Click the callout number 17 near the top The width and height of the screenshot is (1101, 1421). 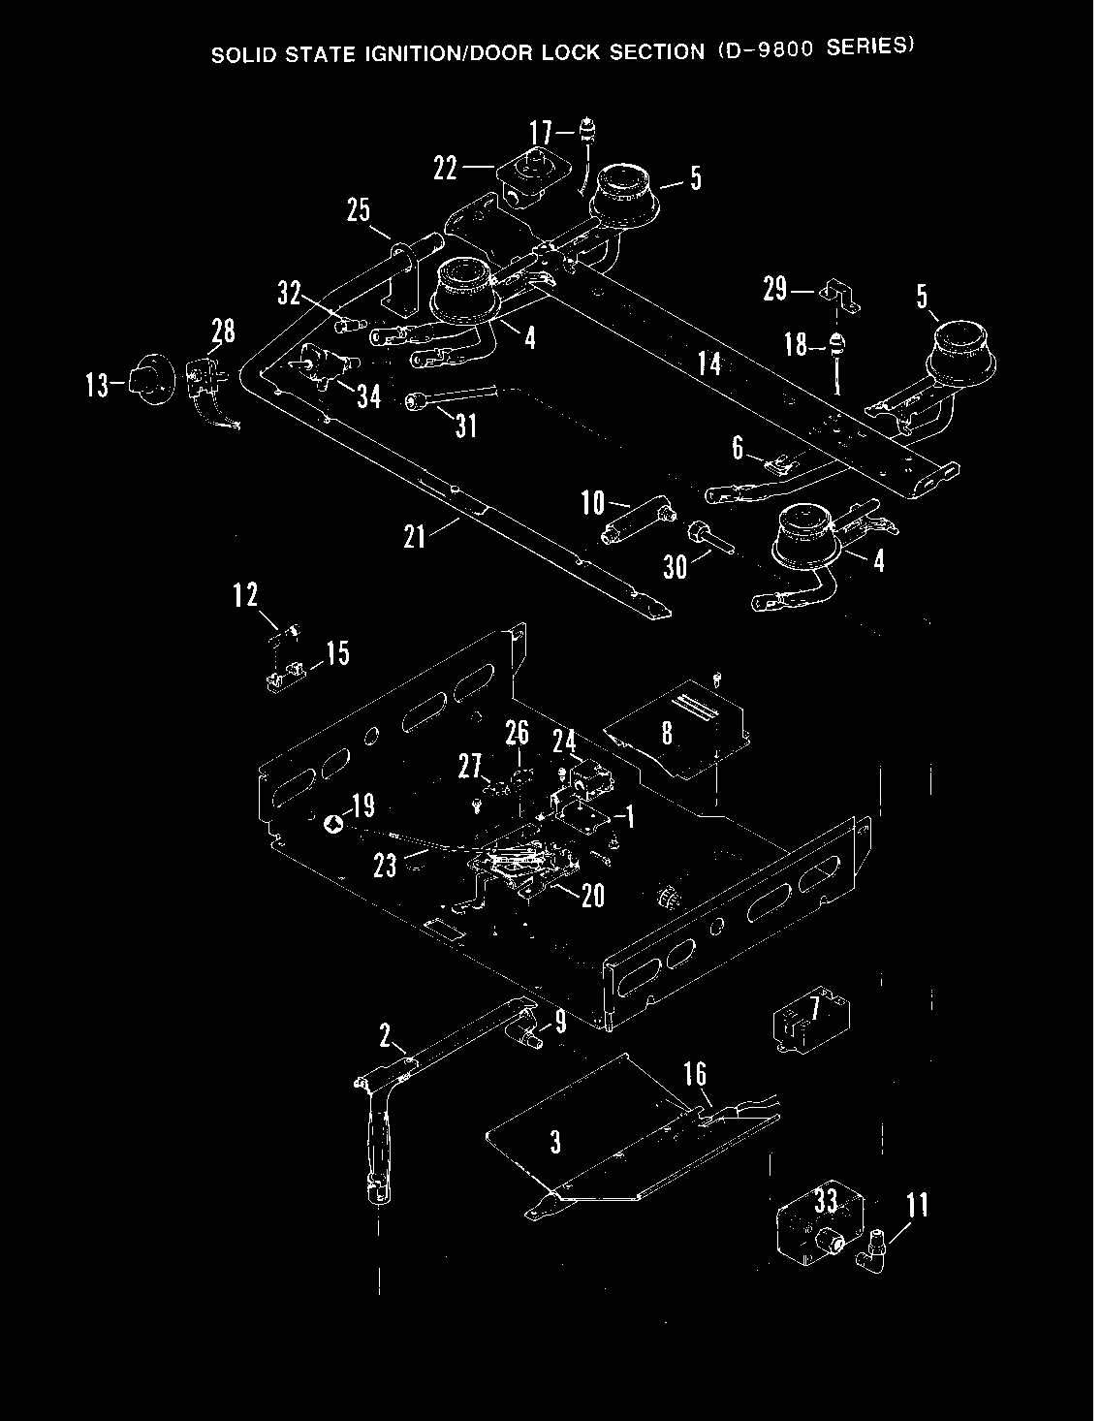[541, 132]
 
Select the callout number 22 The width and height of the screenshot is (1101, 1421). [445, 168]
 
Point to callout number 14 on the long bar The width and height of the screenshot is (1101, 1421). [709, 363]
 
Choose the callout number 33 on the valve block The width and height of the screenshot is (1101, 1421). [826, 1203]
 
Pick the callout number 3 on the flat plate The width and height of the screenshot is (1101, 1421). [555, 1142]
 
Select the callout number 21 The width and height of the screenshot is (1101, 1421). [415, 536]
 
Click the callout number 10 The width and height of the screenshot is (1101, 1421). [592, 502]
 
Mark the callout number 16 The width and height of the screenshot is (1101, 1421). [695, 1074]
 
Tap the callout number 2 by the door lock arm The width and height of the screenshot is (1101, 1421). [385, 1036]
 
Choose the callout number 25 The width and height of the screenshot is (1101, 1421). [359, 210]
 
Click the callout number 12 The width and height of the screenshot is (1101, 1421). [245, 594]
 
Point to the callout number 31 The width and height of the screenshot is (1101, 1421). [466, 426]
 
